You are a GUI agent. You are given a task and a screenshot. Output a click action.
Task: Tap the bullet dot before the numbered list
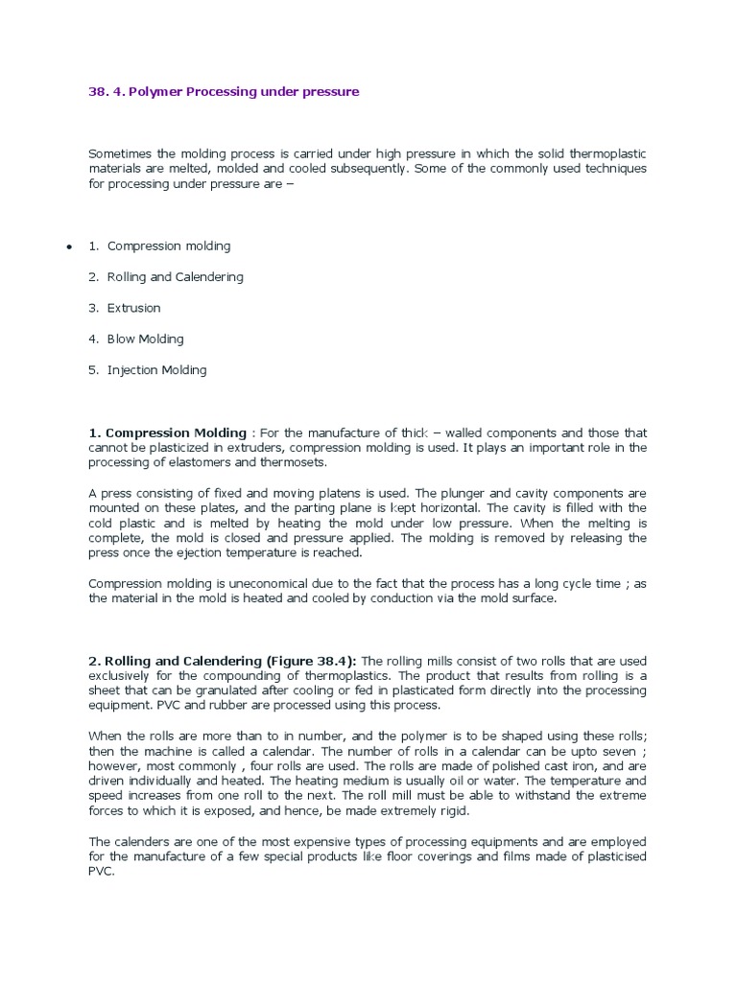click(x=69, y=247)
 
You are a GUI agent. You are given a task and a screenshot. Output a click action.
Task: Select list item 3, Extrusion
click(x=134, y=308)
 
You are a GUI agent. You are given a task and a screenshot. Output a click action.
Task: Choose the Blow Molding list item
click(x=145, y=339)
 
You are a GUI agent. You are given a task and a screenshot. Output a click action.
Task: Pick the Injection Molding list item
click(x=156, y=369)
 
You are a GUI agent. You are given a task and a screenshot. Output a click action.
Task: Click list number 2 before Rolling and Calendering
click(x=93, y=277)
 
